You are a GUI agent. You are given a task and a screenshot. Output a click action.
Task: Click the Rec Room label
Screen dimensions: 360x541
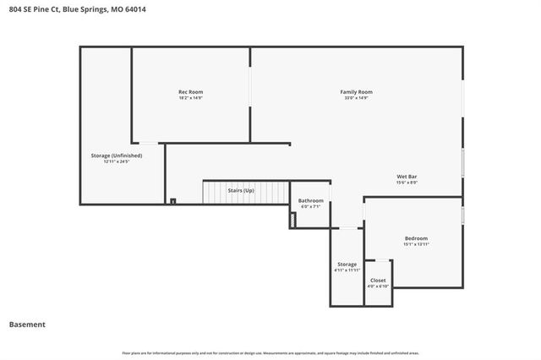(190, 91)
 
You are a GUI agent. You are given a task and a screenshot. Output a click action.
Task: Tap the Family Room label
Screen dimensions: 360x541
(356, 91)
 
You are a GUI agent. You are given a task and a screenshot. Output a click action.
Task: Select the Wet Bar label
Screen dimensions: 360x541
(407, 176)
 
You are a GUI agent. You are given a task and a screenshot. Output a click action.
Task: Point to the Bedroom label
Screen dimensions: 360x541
(416, 237)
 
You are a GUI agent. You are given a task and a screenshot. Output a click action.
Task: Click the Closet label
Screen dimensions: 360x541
(378, 280)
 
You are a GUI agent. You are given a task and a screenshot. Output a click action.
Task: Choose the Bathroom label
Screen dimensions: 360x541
(311, 200)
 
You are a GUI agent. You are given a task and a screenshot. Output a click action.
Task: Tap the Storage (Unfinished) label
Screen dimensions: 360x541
(117, 155)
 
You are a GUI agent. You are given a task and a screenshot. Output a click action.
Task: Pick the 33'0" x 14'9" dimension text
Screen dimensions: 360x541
(356, 98)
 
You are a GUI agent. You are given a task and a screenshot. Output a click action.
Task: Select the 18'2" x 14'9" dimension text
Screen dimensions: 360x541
(190, 98)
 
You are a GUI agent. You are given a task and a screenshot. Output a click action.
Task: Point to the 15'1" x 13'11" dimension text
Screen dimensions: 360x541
(416, 244)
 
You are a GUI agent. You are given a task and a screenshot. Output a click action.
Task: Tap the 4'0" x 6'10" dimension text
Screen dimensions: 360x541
(378, 286)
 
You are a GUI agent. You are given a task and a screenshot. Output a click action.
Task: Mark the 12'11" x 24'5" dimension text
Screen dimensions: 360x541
(117, 162)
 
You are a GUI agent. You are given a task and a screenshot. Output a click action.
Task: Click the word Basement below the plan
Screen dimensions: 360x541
(27, 324)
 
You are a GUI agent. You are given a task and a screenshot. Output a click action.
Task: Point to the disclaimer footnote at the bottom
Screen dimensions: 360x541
(270, 352)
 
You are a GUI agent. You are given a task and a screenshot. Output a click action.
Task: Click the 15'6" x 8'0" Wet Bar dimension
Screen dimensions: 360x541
(407, 183)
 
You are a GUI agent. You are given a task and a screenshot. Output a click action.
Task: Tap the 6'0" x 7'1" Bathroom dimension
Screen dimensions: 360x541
(311, 207)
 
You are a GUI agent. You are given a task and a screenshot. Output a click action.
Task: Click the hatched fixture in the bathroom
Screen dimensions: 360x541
(293, 220)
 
